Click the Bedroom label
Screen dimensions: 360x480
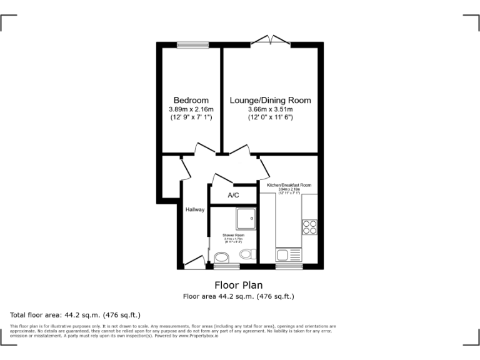tap(191, 100)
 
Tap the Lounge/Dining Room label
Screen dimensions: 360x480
tap(270, 100)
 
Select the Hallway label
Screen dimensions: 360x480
tap(194, 209)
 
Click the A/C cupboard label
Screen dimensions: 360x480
tap(233, 196)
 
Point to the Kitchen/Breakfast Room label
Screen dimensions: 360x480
tap(289, 186)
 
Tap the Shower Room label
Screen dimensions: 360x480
tap(232, 236)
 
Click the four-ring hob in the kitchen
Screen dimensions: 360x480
tap(309, 226)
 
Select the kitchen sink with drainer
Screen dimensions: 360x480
tap(289, 255)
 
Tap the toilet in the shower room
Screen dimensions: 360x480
tap(247, 254)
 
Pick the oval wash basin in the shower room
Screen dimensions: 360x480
tap(221, 257)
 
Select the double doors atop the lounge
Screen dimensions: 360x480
tap(271, 42)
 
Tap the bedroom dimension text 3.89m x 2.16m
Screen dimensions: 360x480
tap(191, 109)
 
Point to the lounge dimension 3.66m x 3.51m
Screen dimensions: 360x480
tap(270, 109)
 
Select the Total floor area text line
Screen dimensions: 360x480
tap(76, 314)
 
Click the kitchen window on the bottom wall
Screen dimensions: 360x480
tap(289, 266)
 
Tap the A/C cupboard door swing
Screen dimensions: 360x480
tap(222, 178)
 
